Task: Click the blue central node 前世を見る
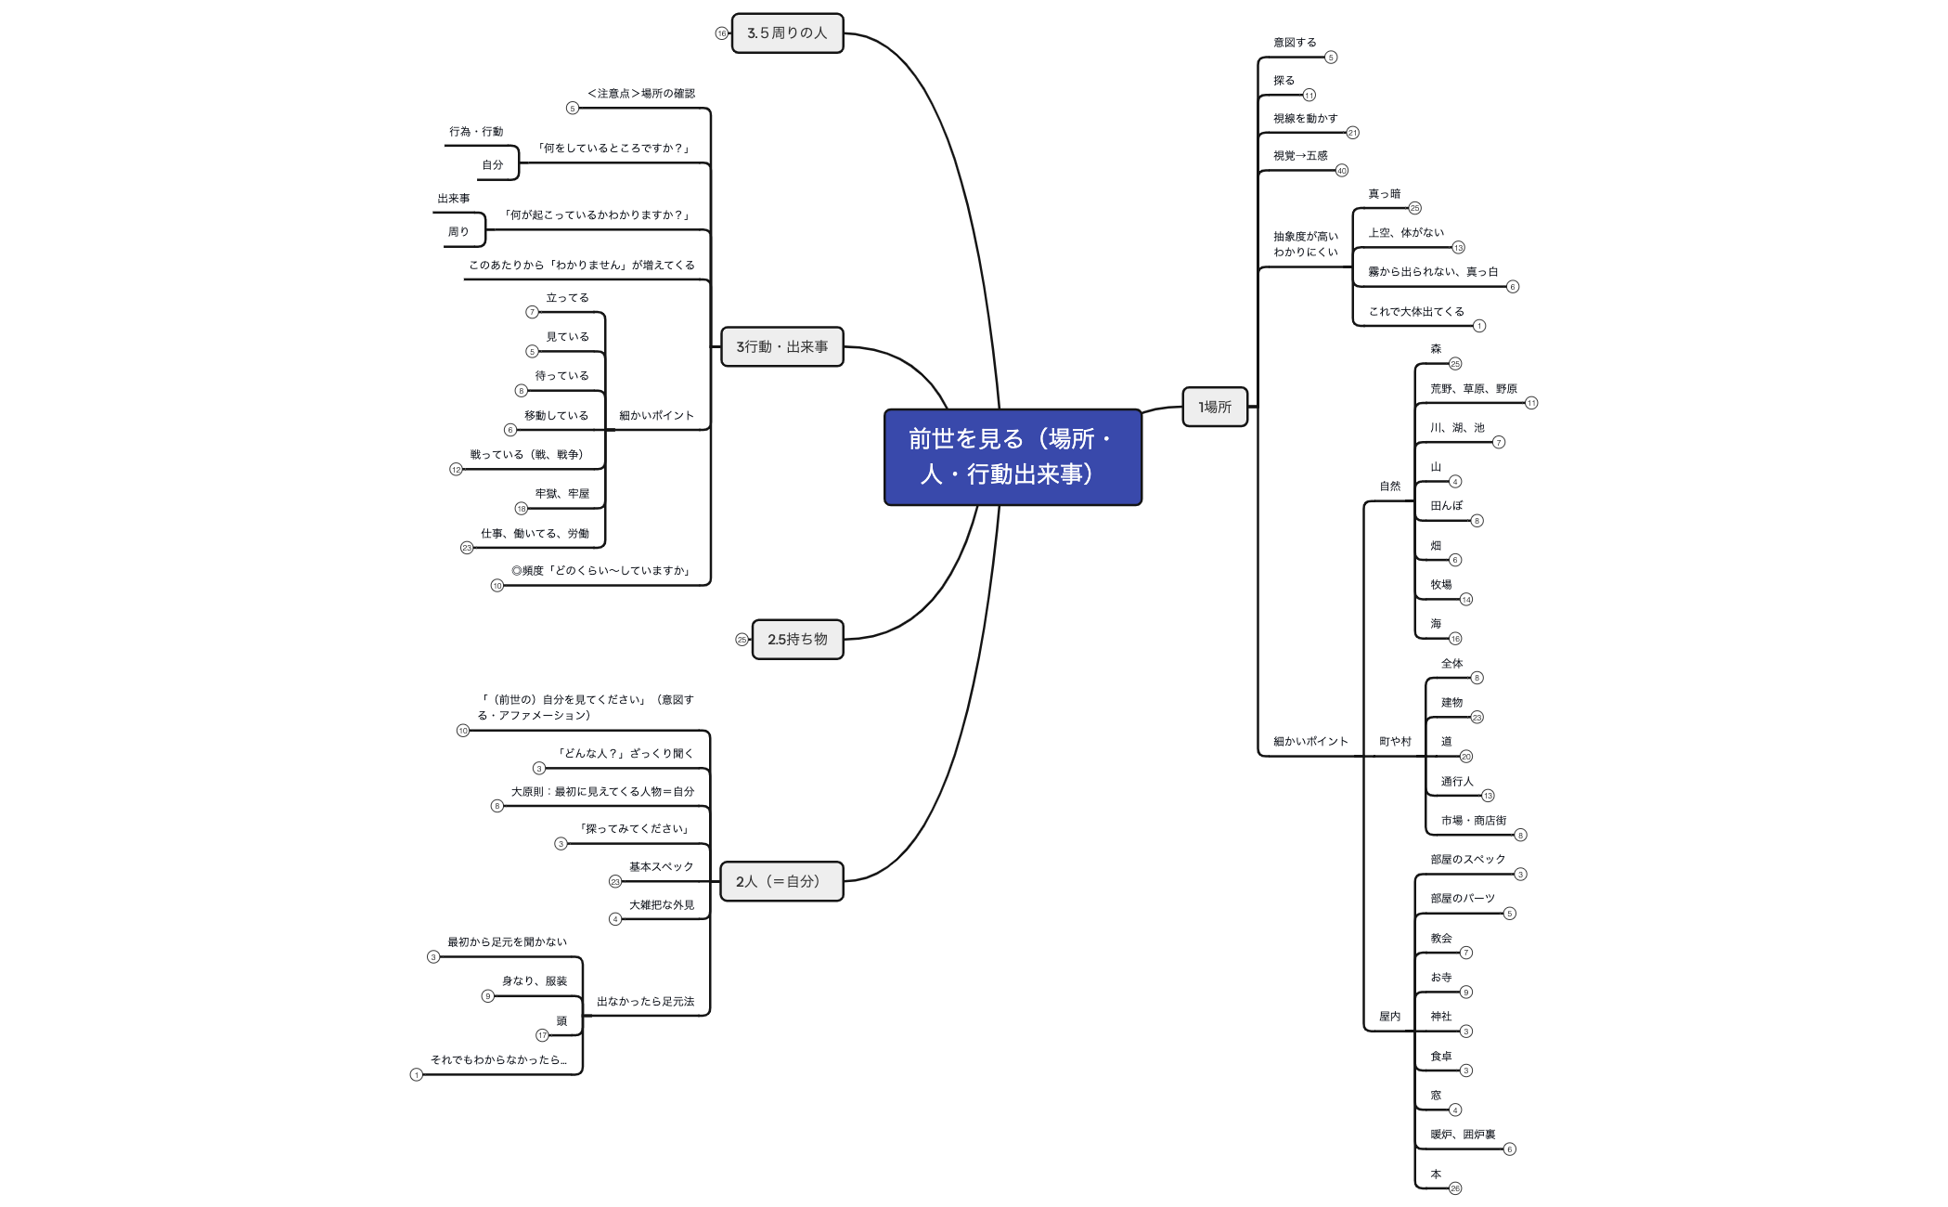pos(1013,457)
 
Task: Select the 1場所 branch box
pos(1215,407)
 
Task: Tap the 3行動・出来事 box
pos(782,346)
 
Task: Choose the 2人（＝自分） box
pos(781,881)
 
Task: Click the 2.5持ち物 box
pos(797,639)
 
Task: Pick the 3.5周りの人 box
pos(787,33)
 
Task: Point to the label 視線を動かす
pos(1305,119)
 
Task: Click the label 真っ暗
pos(1384,194)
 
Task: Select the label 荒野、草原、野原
pos(1473,389)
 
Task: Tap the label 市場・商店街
pos(1473,821)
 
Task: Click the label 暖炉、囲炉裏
pos(1463,1135)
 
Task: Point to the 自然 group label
pos(1389,487)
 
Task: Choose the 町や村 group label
pos(1395,742)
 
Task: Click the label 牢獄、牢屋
pos(561,494)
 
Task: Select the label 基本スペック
pos(661,867)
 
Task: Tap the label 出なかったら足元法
pos(645,1002)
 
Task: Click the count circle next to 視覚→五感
pos(1341,171)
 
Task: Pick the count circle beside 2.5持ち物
pos(742,640)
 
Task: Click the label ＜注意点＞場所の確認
pos(641,94)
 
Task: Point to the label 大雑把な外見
pos(661,905)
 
